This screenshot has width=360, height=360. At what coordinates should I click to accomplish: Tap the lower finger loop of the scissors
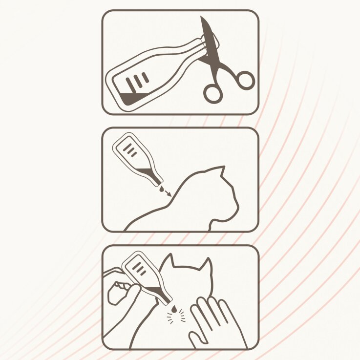tap(213, 93)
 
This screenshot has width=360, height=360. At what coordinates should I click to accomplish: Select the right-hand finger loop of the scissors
tap(244, 80)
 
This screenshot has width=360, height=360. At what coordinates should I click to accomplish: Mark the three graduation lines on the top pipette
tap(137, 81)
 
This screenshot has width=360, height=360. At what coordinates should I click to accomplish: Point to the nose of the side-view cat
tap(238, 211)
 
